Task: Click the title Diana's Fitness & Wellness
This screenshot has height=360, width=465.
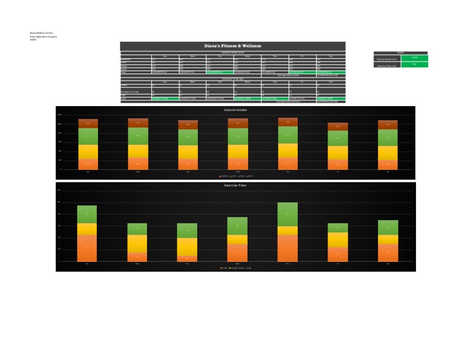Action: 232,46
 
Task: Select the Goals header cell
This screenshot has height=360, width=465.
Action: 401,53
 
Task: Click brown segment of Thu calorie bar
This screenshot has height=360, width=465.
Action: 288,122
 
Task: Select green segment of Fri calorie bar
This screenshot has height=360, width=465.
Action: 338,138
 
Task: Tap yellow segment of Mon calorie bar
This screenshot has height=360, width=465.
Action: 138,151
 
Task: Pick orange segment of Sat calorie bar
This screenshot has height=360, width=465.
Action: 387,164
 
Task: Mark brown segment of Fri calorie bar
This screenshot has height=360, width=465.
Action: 338,127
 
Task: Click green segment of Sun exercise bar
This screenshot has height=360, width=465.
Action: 87,214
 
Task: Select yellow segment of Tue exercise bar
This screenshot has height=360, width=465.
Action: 187,247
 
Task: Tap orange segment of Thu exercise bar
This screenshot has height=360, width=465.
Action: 288,248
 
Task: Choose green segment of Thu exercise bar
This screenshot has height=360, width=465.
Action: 288,214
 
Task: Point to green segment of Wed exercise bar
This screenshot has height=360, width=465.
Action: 237,225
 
